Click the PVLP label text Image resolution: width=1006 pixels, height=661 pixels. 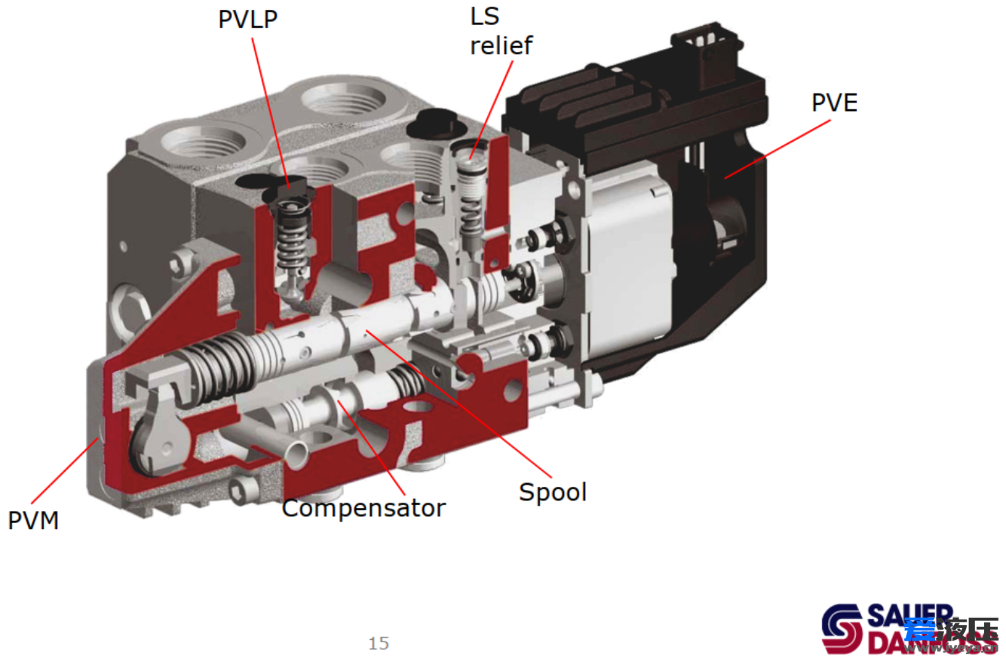tap(247, 20)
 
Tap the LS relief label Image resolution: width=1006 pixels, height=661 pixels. tap(501, 32)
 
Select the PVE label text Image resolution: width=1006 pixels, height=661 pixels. tap(834, 102)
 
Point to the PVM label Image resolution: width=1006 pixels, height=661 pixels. tap(33, 520)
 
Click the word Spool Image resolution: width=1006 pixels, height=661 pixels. tap(552, 492)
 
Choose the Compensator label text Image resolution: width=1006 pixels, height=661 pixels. tap(363, 508)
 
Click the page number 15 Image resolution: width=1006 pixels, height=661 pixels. tap(379, 643)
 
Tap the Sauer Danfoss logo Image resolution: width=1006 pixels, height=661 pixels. tap(909, 628)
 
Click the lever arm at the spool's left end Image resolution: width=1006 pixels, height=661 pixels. tap(161, 430)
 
